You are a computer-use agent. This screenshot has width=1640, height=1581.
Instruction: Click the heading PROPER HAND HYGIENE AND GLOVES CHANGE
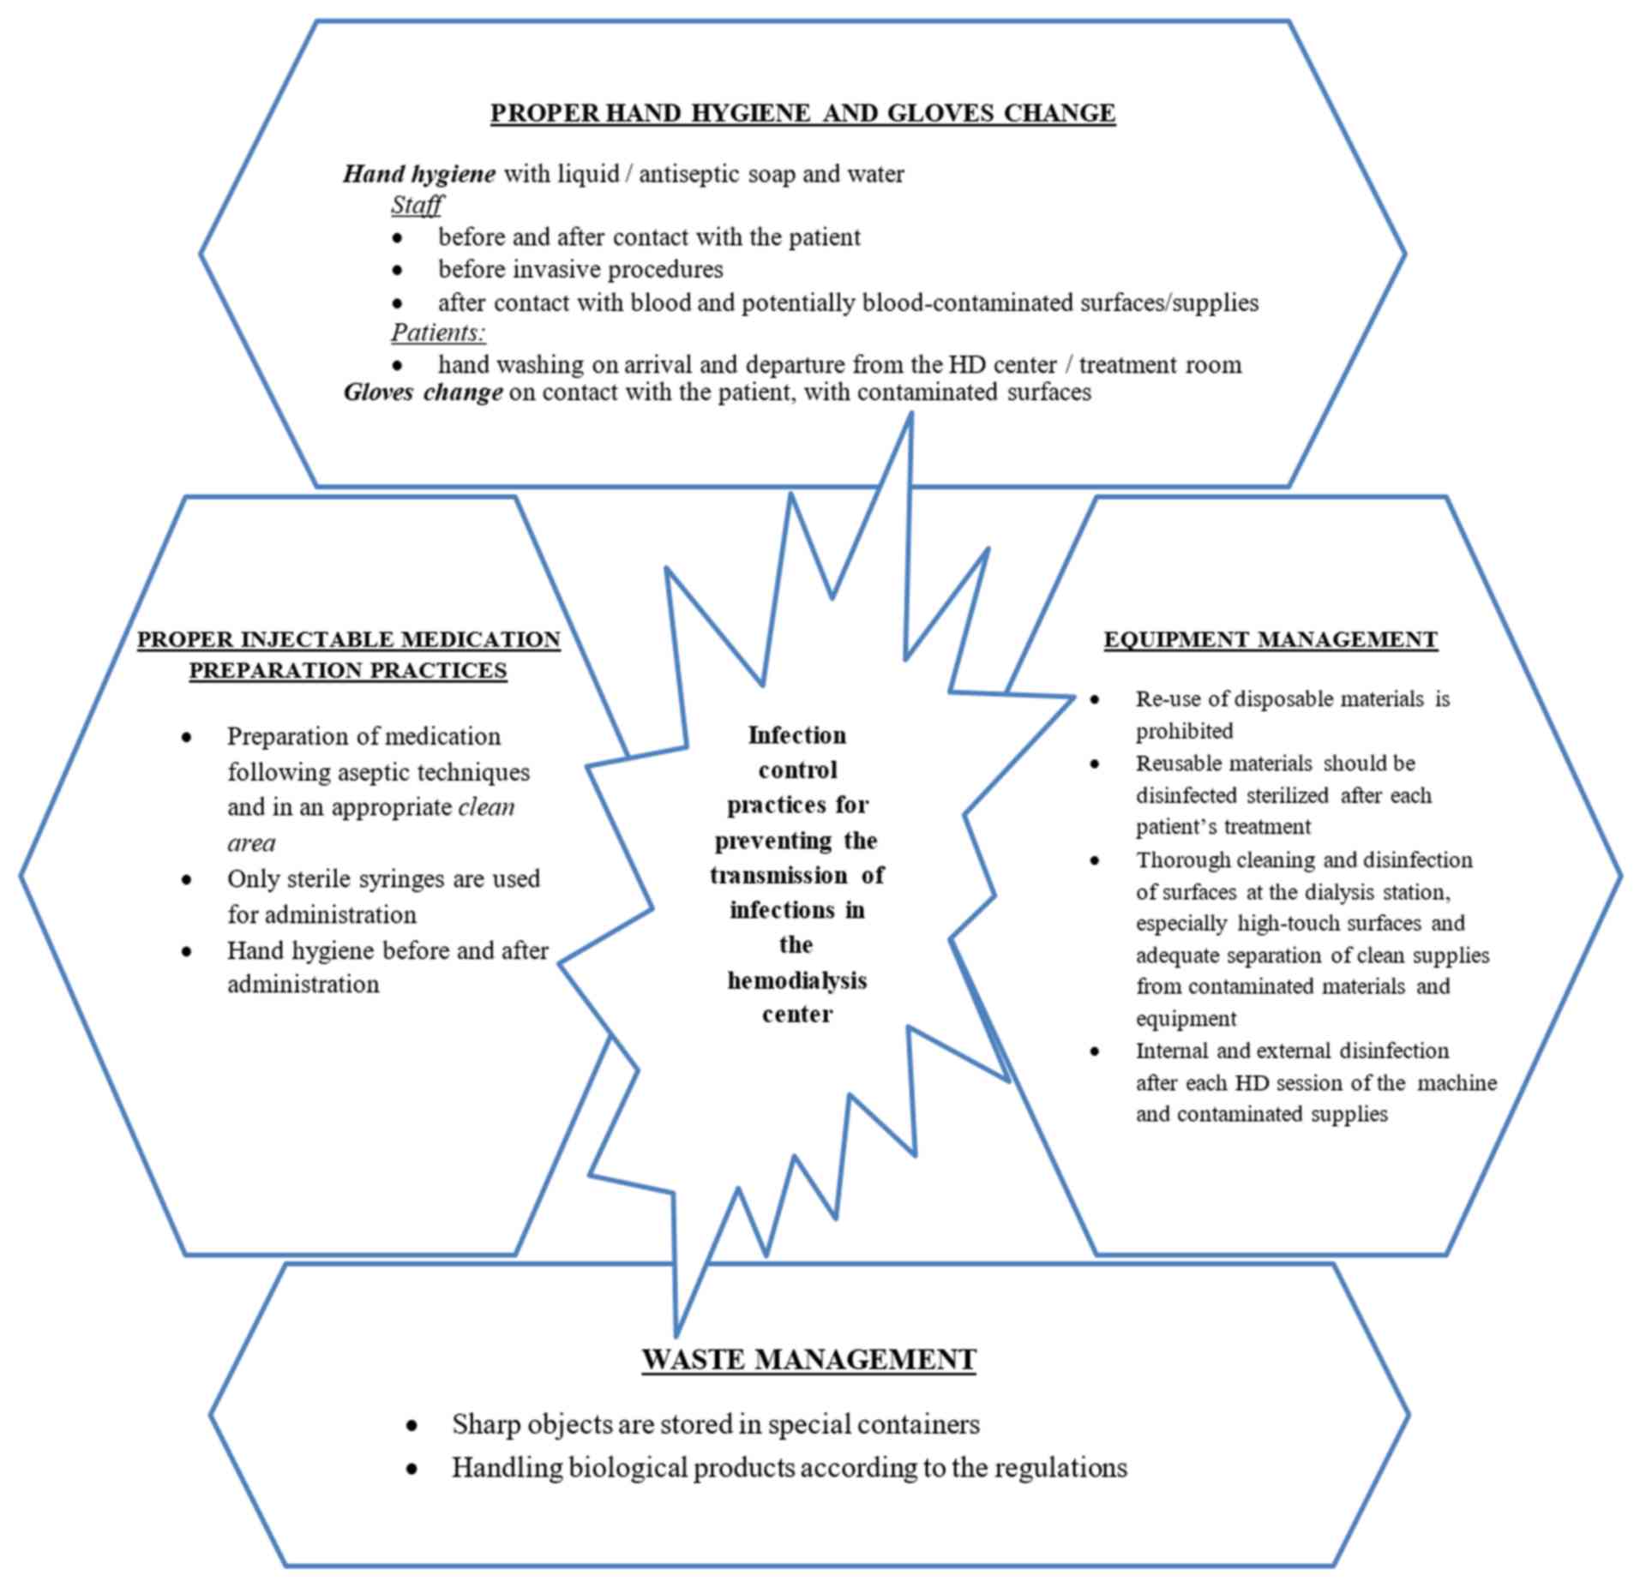click(802, 113)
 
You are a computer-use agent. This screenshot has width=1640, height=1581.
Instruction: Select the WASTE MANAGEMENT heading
click(808, 1359)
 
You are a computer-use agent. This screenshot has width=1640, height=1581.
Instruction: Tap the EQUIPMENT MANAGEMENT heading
click(1270, 639)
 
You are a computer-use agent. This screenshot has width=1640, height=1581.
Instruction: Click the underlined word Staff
click(417, 205)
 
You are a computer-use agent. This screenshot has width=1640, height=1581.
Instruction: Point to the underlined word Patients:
click(438, 332)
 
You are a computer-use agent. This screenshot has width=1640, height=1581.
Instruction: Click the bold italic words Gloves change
click(423, 392)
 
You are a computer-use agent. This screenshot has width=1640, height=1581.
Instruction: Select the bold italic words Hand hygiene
click(419, 174)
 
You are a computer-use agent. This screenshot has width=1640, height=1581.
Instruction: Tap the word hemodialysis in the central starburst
click(797, 979)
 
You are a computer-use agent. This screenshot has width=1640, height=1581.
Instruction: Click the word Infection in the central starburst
click(797, 735)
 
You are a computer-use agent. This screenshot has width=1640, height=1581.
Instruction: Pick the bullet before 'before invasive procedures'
click(397, 270)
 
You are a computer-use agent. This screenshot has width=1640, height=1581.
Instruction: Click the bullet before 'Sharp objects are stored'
click(412, 1425)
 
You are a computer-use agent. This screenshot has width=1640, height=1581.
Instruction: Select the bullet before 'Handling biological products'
click(412, 1469)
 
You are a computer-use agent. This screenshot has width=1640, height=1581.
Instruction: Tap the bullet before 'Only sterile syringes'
click(187, 879)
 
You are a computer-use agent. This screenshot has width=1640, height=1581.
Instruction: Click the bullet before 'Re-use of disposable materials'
click(1095, 699)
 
